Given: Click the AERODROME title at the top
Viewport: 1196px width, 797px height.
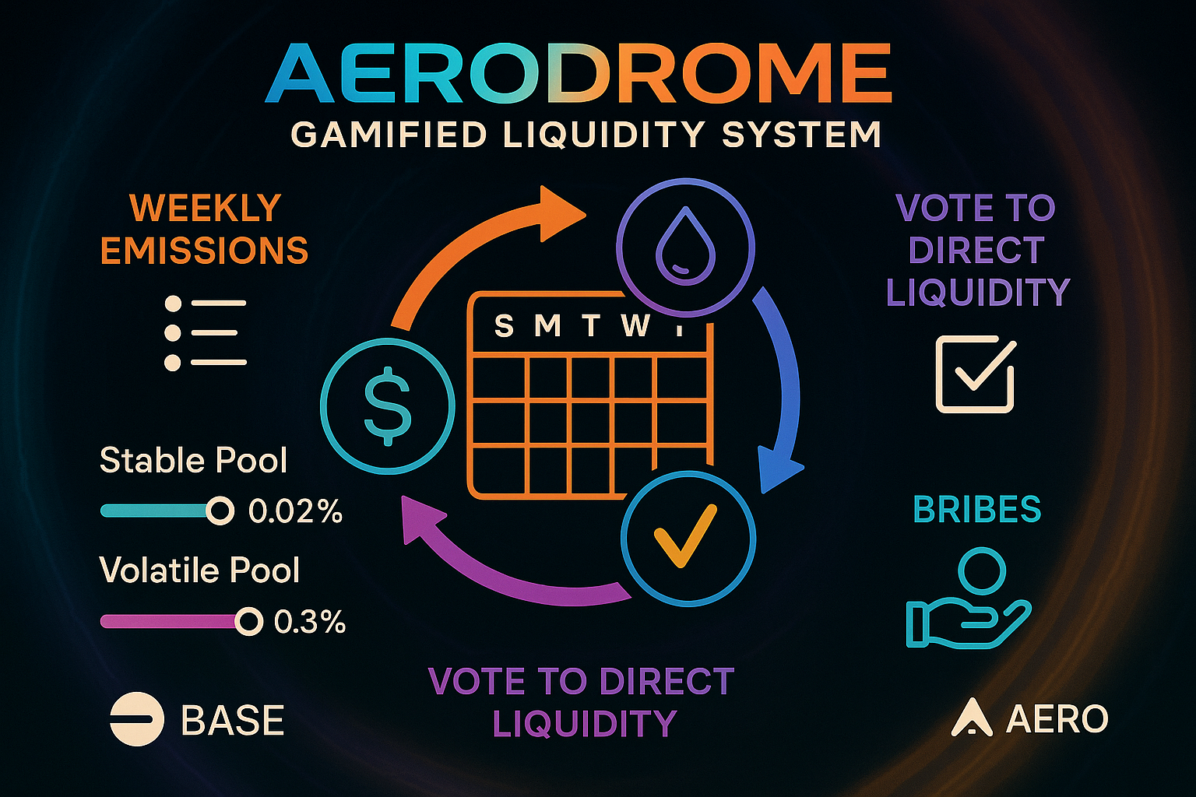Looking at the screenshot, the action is click(x=579, y=73).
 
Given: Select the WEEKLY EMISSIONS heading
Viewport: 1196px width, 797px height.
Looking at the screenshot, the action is click(x=205, y=229).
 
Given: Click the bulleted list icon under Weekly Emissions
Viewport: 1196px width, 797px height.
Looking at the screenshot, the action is click(x=206, y=333).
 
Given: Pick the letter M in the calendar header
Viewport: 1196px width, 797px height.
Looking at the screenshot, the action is click(x=548, y=325).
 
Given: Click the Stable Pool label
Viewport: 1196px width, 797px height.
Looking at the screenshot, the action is click(x=193, y=460).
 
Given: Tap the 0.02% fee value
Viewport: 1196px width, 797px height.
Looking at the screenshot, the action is click(x=295, y=511).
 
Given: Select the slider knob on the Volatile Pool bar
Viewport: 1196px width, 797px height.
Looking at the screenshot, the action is click(x=249, y=621).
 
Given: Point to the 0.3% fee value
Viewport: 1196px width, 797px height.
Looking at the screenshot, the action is click(x=310, y=622).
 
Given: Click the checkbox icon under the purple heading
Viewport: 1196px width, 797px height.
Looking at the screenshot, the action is click(x=976, y=374).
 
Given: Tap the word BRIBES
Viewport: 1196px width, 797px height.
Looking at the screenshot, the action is click(x=977, y=509).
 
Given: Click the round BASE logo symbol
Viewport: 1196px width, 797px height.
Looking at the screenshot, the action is click(x=137, y=718).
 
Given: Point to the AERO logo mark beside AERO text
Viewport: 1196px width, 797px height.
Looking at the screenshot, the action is click(x=972, y=718).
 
